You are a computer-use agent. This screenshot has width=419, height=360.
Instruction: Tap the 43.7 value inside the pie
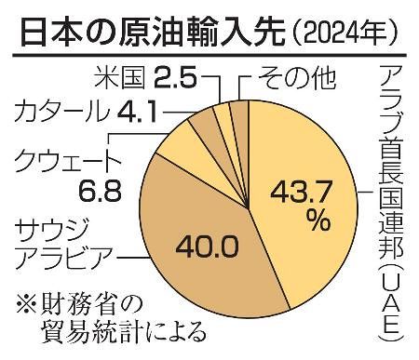(x=301, y=193)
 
